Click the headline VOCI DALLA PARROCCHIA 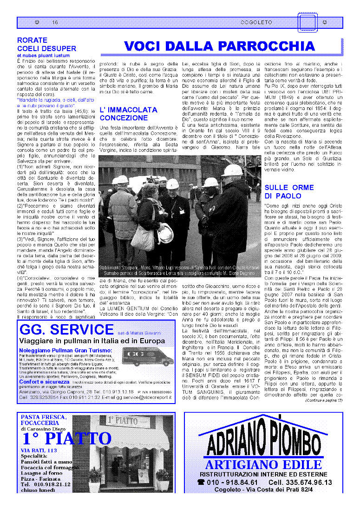tap(219, 46)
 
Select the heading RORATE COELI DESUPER tap(46, 44)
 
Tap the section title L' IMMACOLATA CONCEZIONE tap(128, 114)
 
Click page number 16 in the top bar tap(55, 22)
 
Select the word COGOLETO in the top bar tap(256, 22)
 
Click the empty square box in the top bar tap(308, 22)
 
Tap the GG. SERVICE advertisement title tap(66, 330)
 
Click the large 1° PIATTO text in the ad tap(67, 438)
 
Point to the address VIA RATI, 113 tap(39, 450)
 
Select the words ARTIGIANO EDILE tap(263, 465)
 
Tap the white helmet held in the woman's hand tap(165, 232)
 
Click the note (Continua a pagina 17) tap(324, 400)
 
